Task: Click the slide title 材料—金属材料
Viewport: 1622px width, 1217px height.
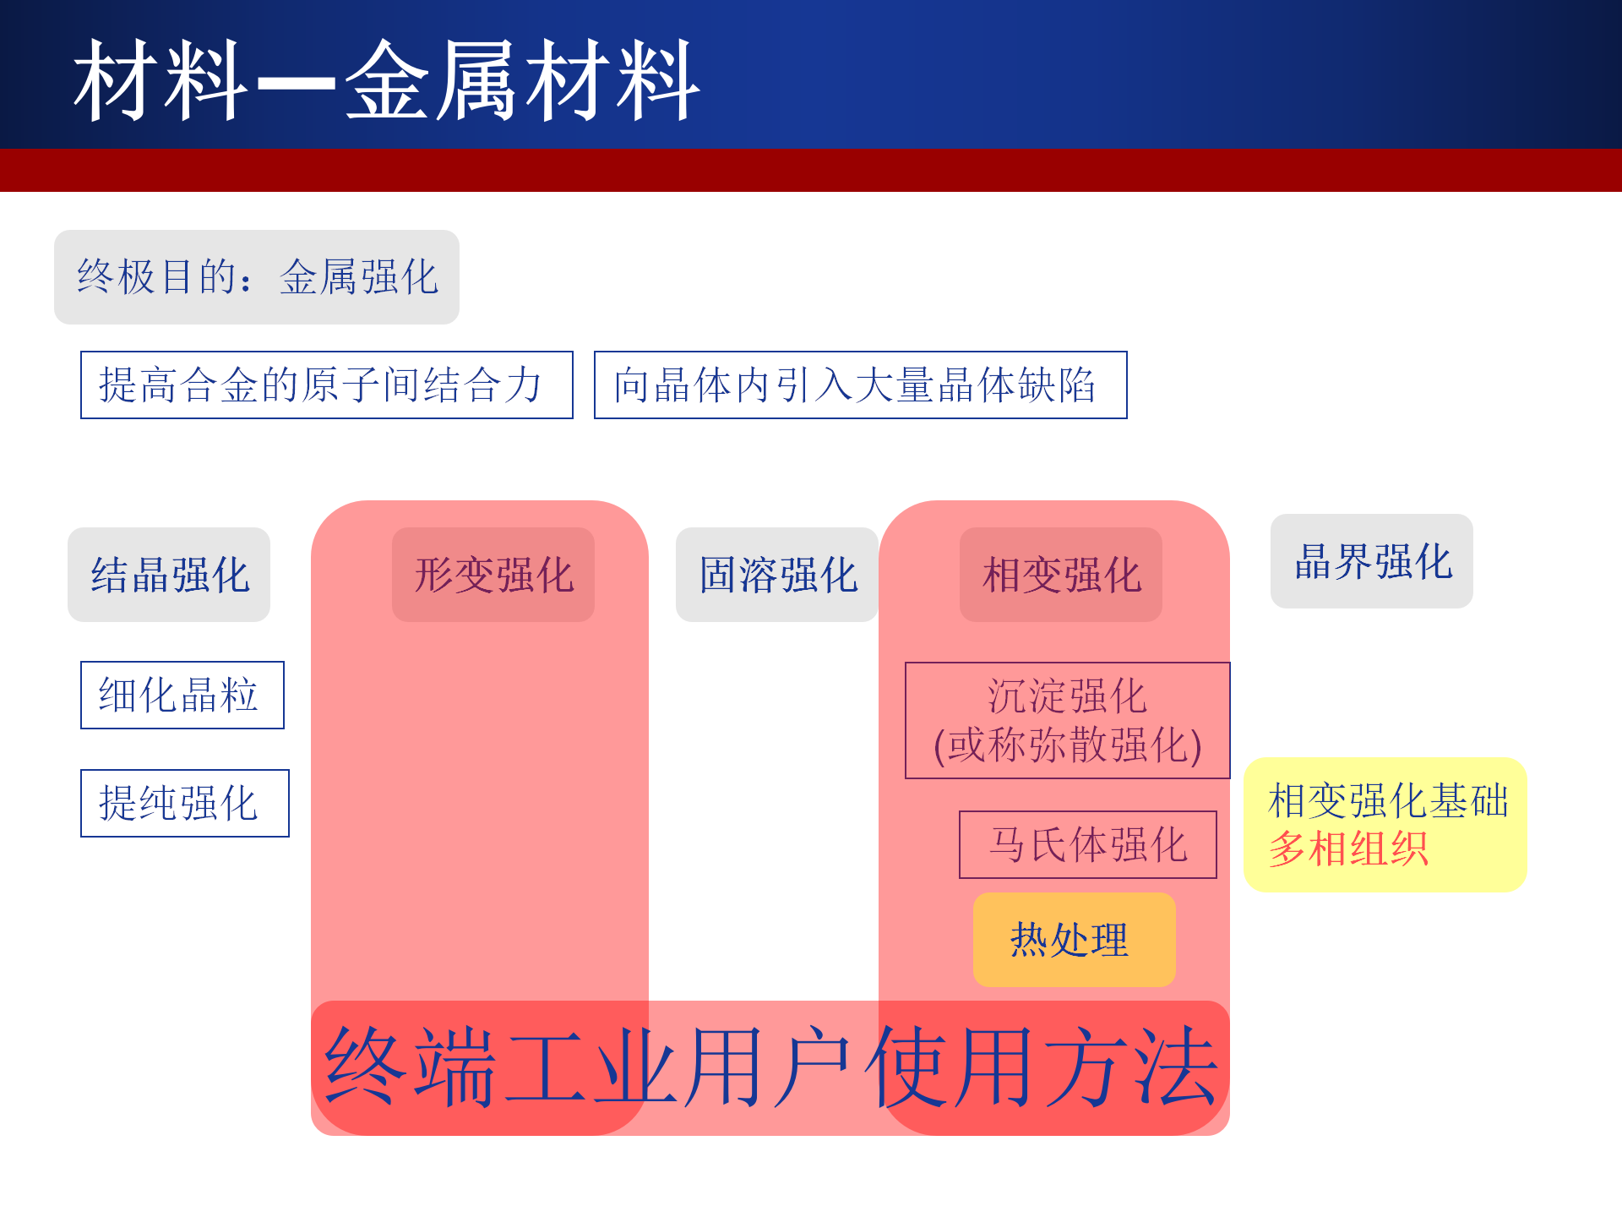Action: [387, 81]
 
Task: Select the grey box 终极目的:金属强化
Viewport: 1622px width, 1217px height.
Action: [257, 277]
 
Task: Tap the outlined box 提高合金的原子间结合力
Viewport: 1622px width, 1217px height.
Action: [327, 385]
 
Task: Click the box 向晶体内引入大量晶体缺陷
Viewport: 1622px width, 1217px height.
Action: [861, 385]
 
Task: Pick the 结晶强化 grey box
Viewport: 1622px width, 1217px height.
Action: [169, 575]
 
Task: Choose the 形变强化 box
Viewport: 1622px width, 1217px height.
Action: [493, 575]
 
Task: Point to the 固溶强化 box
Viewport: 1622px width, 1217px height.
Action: [777, 575]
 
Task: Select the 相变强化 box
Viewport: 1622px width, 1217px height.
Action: [1061, 575]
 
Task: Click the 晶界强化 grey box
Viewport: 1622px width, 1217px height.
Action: [1372, 561]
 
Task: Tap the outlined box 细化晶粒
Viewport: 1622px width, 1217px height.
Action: [182, 696]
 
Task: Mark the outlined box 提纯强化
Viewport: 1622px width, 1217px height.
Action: [185, 804]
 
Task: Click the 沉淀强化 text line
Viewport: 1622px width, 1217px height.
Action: [1068, 696]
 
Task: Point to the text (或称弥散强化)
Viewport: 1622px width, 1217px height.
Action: [1068, 745]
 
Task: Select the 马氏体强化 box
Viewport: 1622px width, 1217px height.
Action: [1088, 845]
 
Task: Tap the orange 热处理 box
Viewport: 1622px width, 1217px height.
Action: [1075, 940]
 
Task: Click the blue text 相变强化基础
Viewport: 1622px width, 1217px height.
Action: [1388, 800]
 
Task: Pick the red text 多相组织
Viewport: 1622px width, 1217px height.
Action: [1348, 849]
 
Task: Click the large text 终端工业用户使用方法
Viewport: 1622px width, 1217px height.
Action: [770, 1067]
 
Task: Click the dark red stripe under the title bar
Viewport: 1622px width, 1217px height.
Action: [811, 170]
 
